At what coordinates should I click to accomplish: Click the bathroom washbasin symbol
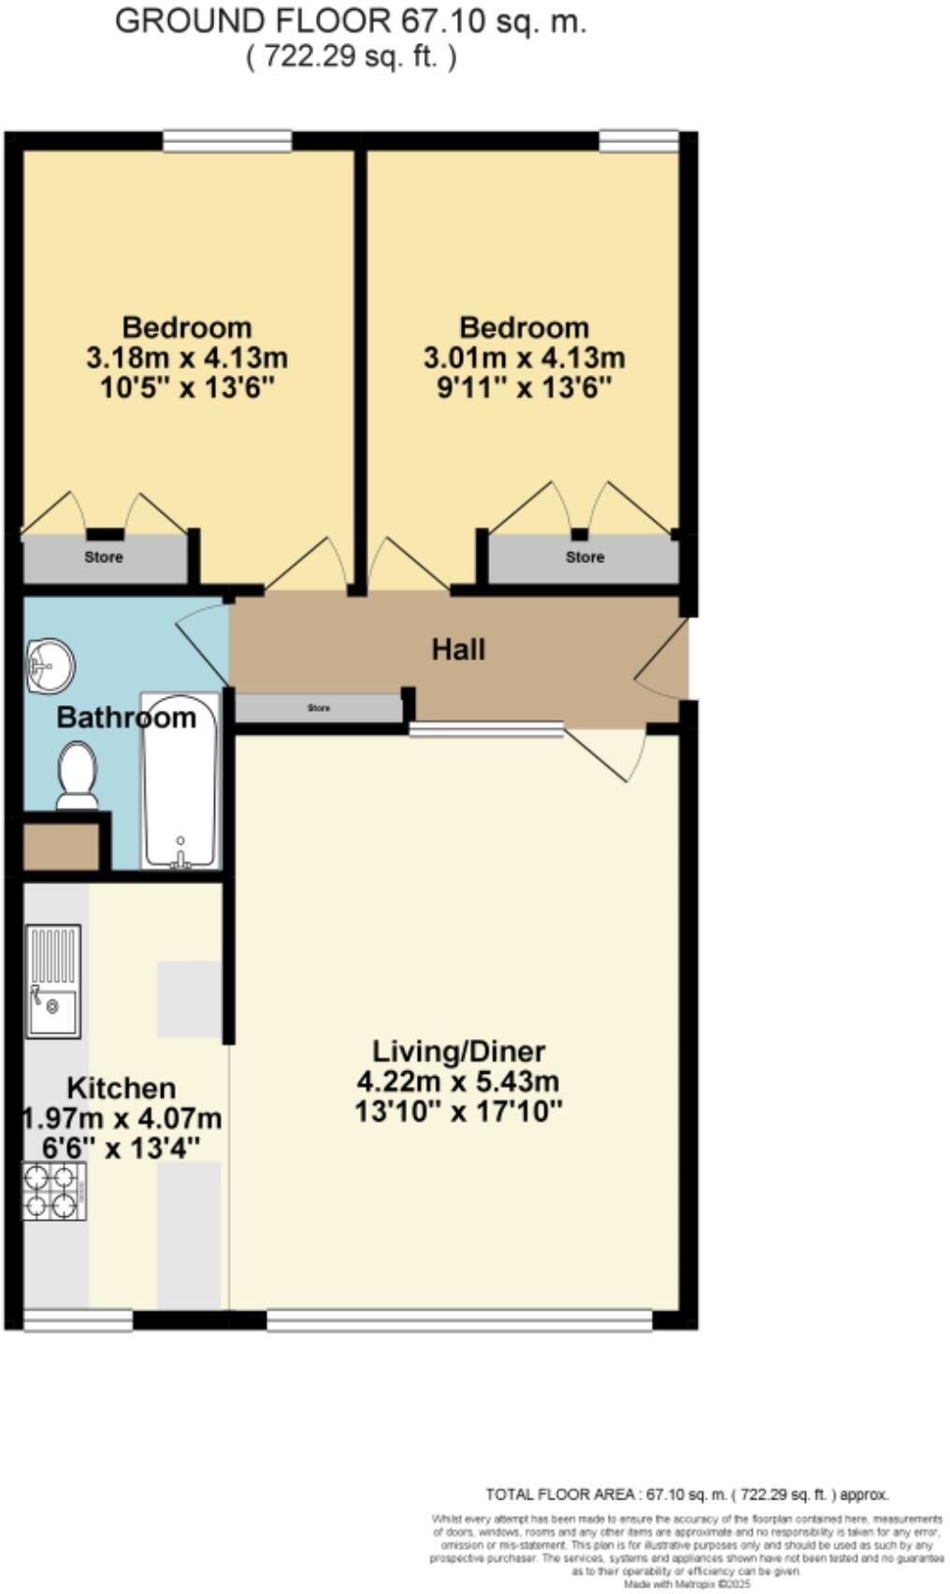50,666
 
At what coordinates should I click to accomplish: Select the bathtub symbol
180,781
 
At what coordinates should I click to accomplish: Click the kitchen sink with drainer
53,981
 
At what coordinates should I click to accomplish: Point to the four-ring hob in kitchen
54,1191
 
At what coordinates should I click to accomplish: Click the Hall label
458,649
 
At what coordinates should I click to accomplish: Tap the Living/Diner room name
458,1051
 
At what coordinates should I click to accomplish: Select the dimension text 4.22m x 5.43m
458,1081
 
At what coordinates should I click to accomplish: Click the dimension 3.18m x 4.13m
187,357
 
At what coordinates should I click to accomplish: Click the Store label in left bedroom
104,558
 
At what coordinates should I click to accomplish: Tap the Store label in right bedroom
584,558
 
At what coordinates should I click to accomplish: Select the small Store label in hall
319,708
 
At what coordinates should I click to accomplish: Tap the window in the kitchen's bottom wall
79,1320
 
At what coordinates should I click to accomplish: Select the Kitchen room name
122,1088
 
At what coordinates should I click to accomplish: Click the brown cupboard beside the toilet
61,847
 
